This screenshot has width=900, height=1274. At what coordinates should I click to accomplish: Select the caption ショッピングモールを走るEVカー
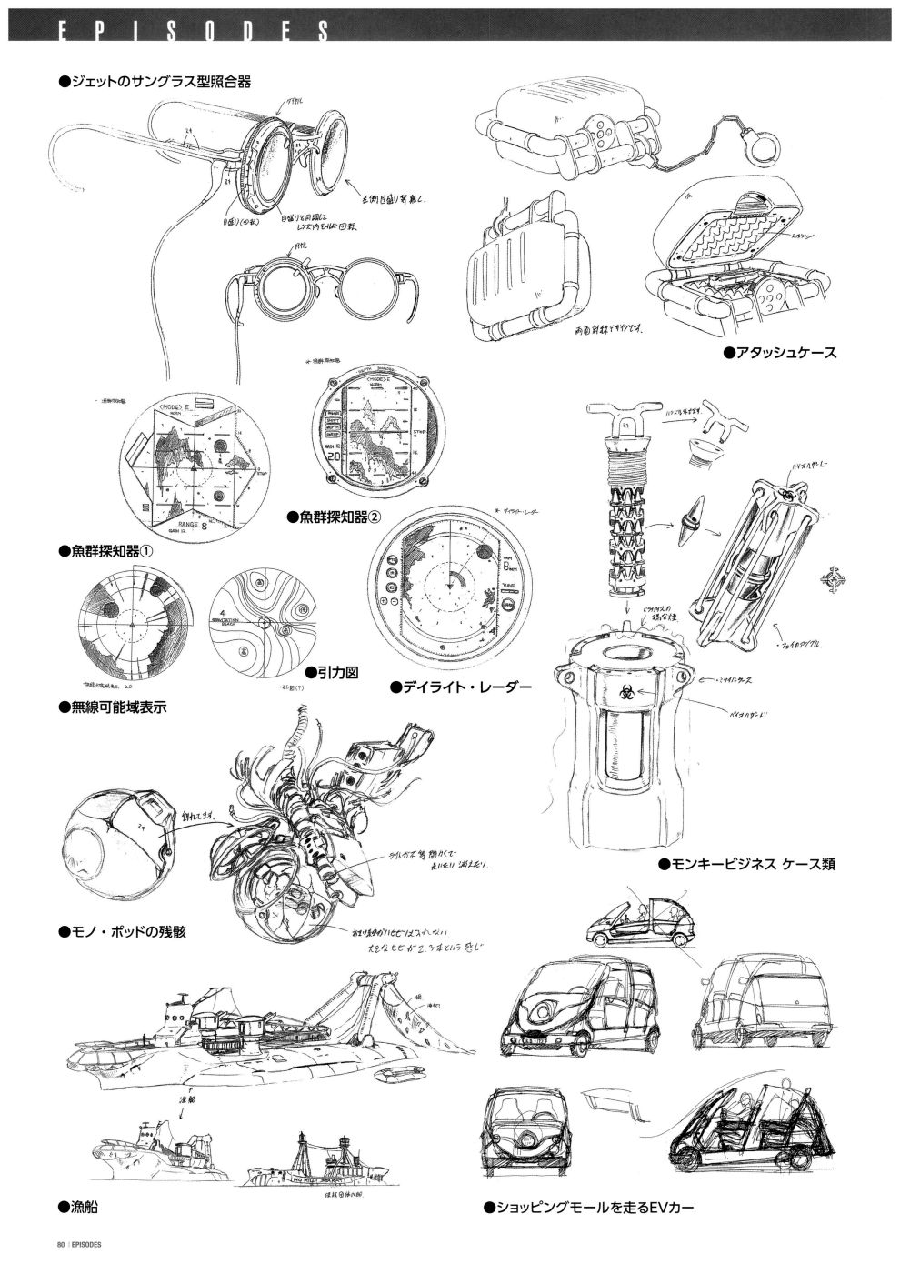pos(589,1208)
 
